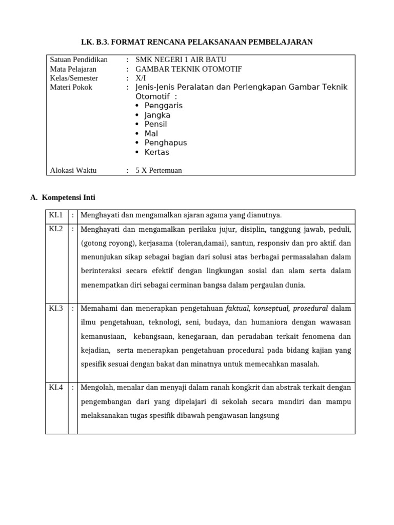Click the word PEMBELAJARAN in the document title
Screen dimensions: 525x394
[281, 42]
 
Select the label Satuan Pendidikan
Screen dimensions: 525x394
[78, 60]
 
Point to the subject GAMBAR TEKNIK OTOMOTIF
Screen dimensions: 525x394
[188, 69]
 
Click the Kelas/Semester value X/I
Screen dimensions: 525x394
[141, 78]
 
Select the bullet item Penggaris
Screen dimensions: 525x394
[163, 106]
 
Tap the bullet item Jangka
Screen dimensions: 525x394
[157, 115]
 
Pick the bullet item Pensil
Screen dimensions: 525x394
[155, 124]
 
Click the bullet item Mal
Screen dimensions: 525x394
[151, 133]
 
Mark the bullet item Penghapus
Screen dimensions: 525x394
[166, 143]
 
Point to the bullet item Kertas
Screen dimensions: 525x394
[156, 152]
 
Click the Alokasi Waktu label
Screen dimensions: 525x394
[73, 171]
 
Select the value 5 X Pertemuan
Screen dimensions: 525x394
[159, 171]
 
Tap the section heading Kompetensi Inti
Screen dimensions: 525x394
[68, 197]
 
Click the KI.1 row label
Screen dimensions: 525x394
[56, 215]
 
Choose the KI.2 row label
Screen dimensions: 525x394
[56, 229]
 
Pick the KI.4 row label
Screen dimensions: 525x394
[56, 388]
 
